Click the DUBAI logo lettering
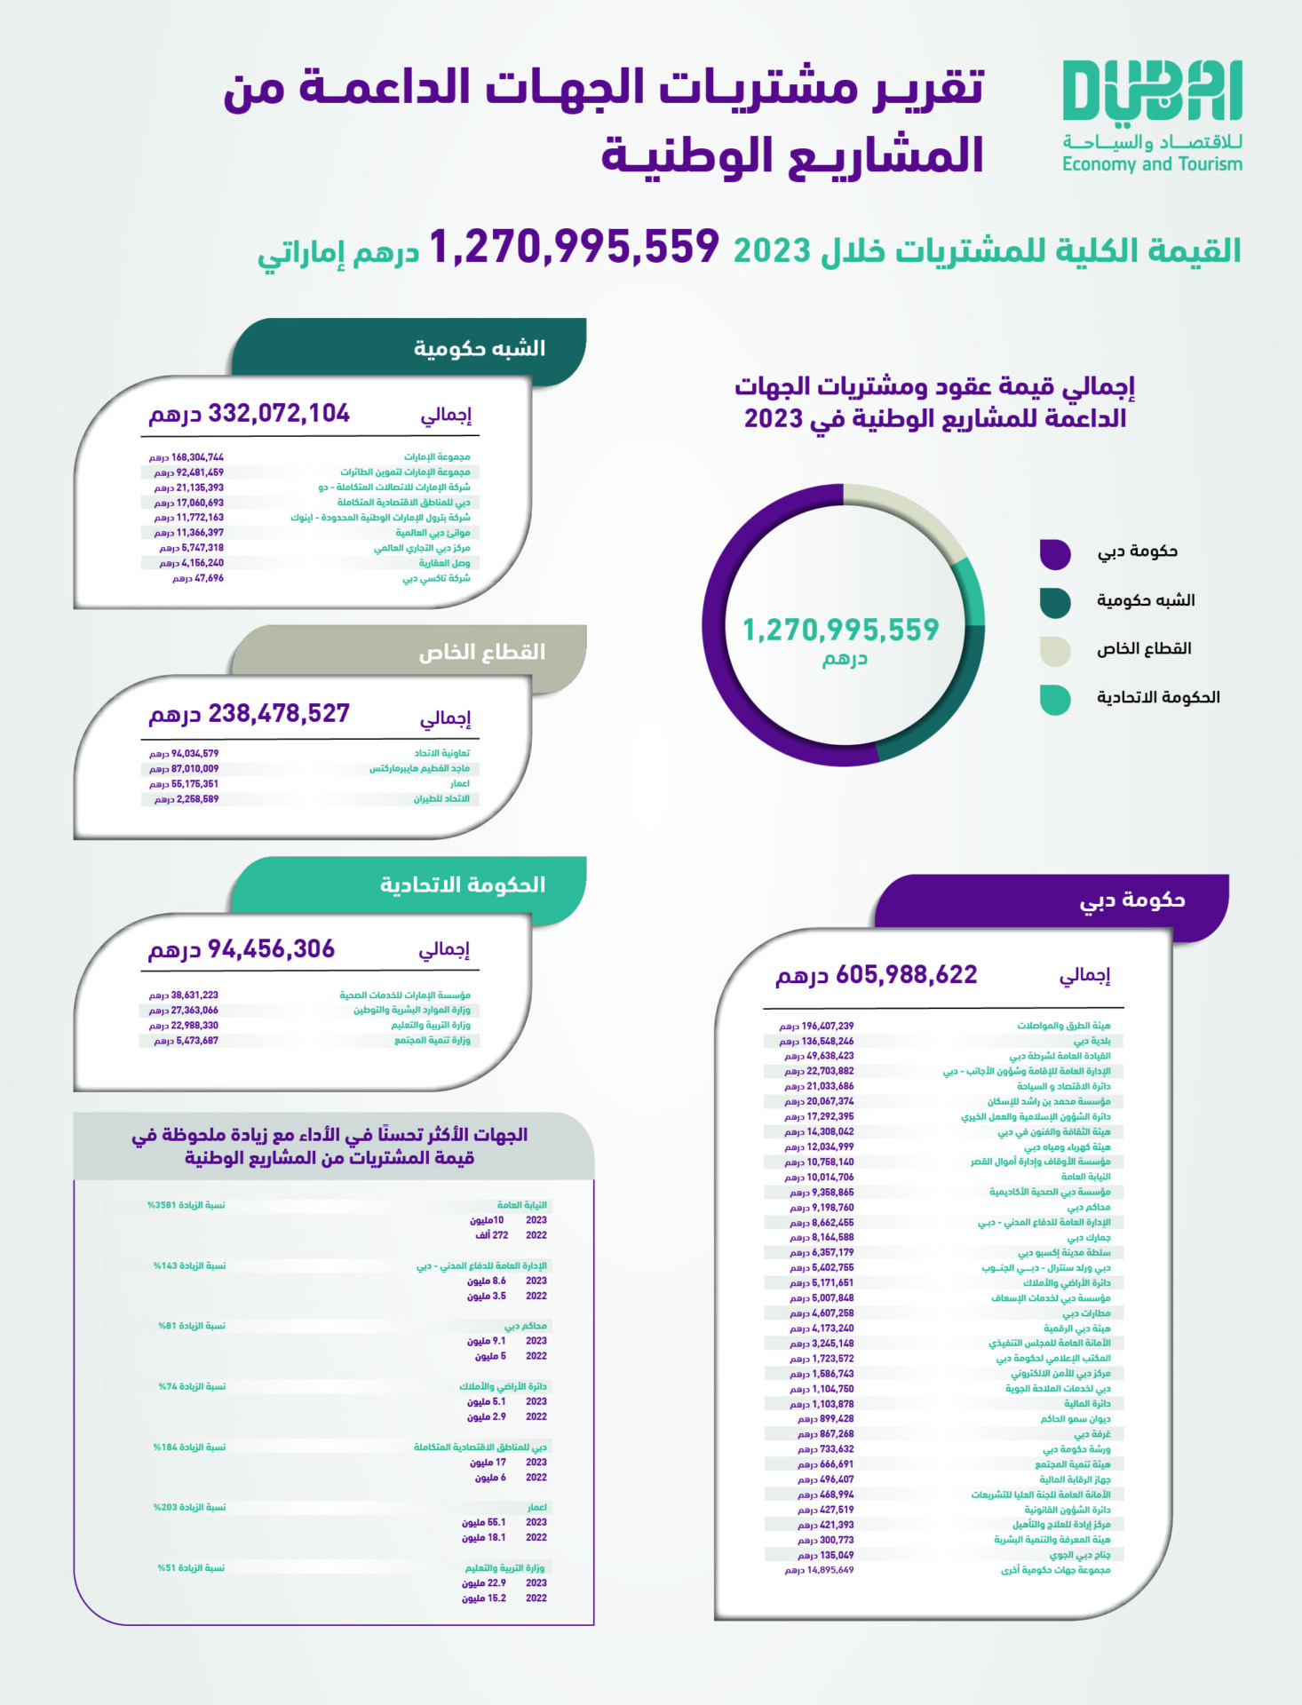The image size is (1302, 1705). (1152, 91)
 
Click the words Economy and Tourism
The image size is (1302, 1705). (1152, 164)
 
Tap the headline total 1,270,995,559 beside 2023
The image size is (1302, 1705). (574, 247)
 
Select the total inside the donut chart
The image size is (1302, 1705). (840, 630)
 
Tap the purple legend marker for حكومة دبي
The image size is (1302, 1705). (1055, 553)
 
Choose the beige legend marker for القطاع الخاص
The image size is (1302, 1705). (1055, 651)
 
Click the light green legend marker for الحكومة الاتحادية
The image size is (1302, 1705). (1055, 699)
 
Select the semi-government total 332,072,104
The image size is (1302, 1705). (278, 414)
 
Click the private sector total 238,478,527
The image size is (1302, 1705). (278, 714)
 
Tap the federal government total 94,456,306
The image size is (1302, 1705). (271, 949)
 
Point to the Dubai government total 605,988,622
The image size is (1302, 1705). (906, 975)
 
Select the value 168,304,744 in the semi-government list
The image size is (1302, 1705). (197, 457)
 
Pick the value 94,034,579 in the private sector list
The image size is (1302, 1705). (195, 754)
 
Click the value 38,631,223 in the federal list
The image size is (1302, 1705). (195, 995)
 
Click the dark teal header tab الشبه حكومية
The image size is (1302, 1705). (480, 348)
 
